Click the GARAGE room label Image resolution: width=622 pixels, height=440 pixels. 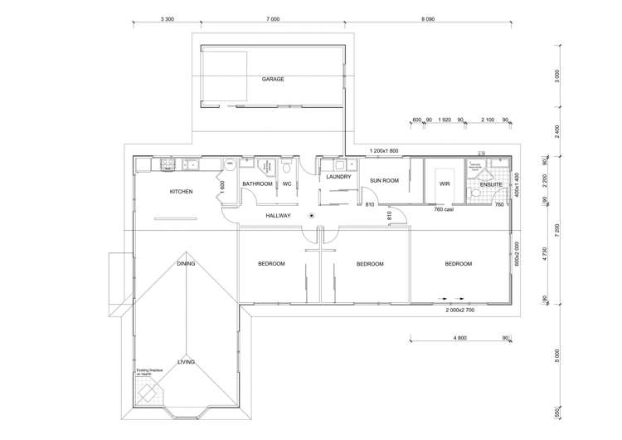tap(273, 80)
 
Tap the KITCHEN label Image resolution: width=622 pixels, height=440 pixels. tap(182, 192)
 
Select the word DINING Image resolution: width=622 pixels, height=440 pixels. tap(186, 264)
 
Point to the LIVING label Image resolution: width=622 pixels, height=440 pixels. tap(187, 362)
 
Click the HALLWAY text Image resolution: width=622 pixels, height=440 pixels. tap(278, 216)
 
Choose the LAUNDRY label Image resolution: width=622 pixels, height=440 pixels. tap(338, 177)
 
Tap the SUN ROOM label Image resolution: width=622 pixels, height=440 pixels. tap(384, 180)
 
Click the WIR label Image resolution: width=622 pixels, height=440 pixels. tap(444, 183)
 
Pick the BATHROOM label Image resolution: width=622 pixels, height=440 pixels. tap(257, 183)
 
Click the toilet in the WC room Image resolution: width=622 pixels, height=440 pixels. tap(286, 166)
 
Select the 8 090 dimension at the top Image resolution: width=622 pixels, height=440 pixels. tap(428, 18)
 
